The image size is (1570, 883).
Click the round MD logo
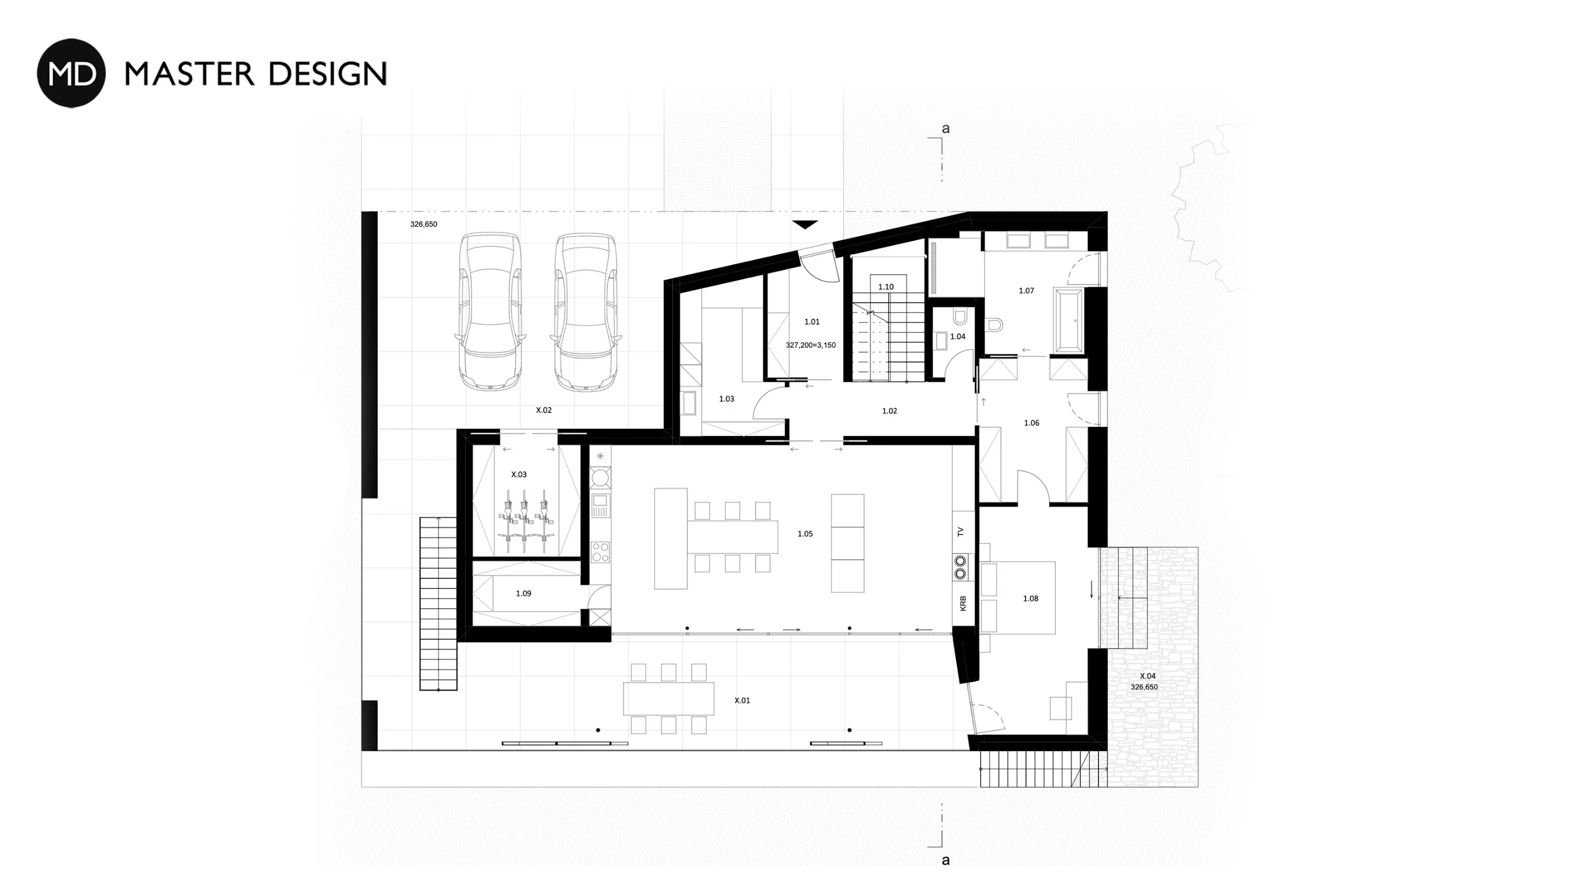click(x=71, y=73)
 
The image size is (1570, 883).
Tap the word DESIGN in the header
click(x=328, y=74)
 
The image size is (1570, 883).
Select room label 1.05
click(x=805, y=534)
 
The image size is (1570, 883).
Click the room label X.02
click(x=544, y=410)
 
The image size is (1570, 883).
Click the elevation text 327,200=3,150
click(x=811, y=345)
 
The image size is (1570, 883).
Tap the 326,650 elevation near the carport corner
click(x=424, y=224)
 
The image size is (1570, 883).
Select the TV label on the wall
click(x=961, y=532)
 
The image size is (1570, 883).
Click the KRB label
click(x=963, y=603)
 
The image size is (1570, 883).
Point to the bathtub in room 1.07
click(x=1067, y=321)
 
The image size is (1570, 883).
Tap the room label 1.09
click(x=523, y=594)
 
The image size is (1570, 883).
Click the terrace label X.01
click(x=742, y=701)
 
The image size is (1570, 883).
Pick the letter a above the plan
click(x=946, y=129)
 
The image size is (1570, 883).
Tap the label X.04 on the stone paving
click(x=1148, y=676)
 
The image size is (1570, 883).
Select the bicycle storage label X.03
click(x=518, y=475)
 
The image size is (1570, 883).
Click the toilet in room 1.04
click(x=960, y=317)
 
